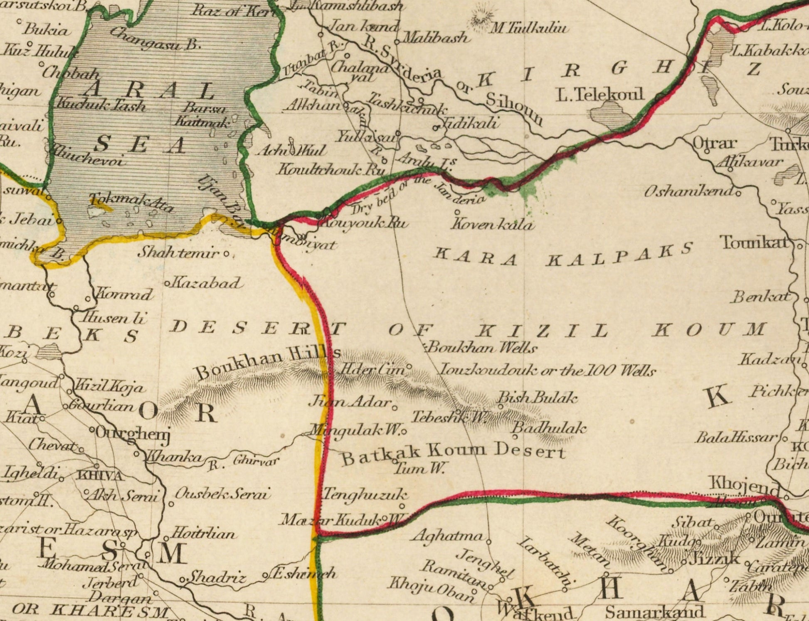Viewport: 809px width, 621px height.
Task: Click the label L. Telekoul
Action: coord(600,95)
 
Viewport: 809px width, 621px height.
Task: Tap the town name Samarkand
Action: coord(654,611)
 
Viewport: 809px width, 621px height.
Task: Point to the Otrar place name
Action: coord(714,144)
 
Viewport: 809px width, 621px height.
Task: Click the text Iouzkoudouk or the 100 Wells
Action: coord(548,370)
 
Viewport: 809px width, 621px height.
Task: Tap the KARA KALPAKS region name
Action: coord(563,255)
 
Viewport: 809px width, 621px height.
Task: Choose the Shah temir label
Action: coord(179,252)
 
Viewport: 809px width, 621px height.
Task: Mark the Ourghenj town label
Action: coord(133,433)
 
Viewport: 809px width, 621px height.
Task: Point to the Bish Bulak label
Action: coord(538,398)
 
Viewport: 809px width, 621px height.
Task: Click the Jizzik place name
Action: coord(714,559)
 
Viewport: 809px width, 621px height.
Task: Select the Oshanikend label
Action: coord(688,191)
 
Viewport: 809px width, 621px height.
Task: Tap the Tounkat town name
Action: coord(755,242)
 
